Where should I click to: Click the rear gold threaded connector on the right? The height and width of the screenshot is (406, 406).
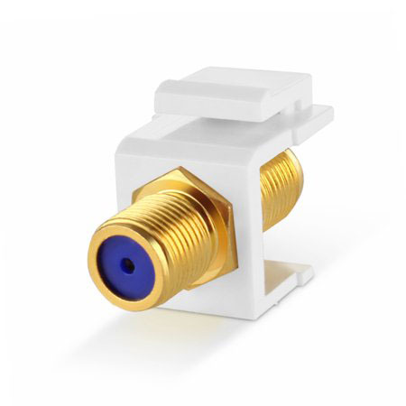tap(281, 185)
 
